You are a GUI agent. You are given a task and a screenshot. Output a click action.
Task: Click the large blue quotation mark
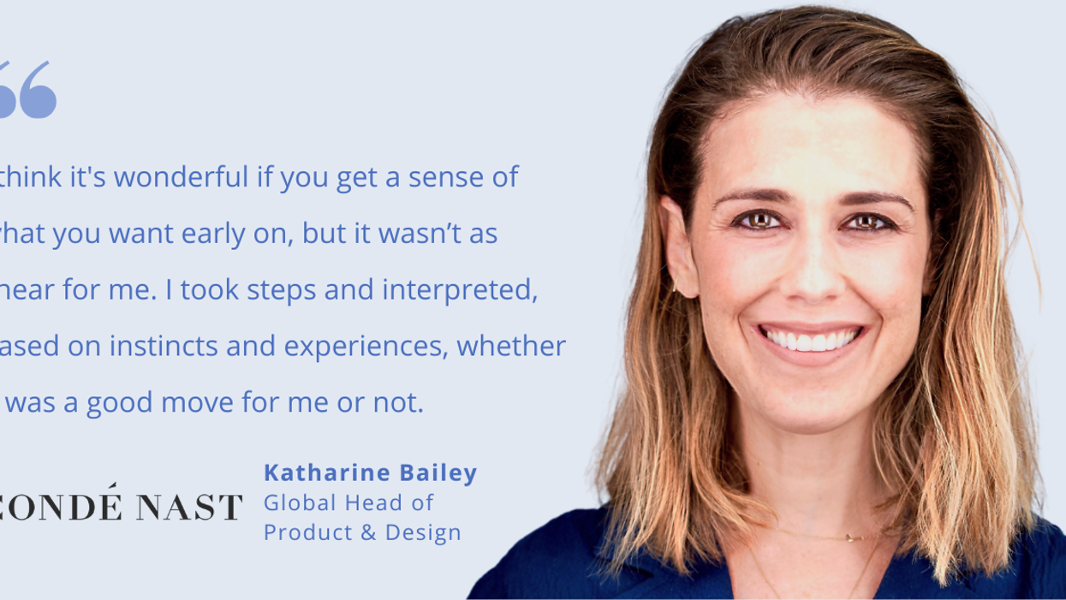(31, 90)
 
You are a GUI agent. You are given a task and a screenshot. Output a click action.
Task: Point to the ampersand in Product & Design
(368, 532)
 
